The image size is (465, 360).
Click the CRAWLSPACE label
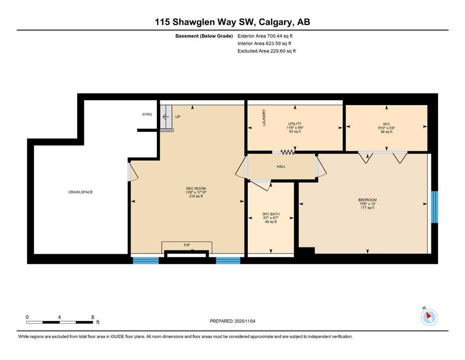(81, 192)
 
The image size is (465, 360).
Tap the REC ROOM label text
(196, 188)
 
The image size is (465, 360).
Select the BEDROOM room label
(368, 200)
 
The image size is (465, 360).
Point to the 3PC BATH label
(271, 214)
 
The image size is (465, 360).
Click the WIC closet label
(386, 124)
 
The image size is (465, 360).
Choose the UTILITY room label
(295, 124)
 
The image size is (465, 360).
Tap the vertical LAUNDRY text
(264, 118)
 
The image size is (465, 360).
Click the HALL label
(281, 166)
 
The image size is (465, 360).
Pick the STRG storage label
(147, 114)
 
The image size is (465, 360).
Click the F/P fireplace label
(187, 245)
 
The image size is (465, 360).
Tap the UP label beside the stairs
(177, 117)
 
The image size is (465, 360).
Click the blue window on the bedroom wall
(434, 207)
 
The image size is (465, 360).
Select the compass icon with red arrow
(429, 317)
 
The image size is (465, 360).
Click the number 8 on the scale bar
(93, 317)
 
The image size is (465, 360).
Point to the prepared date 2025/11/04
(245, 321)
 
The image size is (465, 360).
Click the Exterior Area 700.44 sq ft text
(265, 36)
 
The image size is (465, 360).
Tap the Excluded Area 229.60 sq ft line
(266, 51)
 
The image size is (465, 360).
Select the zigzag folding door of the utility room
(287, 152)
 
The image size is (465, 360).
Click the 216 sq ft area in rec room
(196, 196)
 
